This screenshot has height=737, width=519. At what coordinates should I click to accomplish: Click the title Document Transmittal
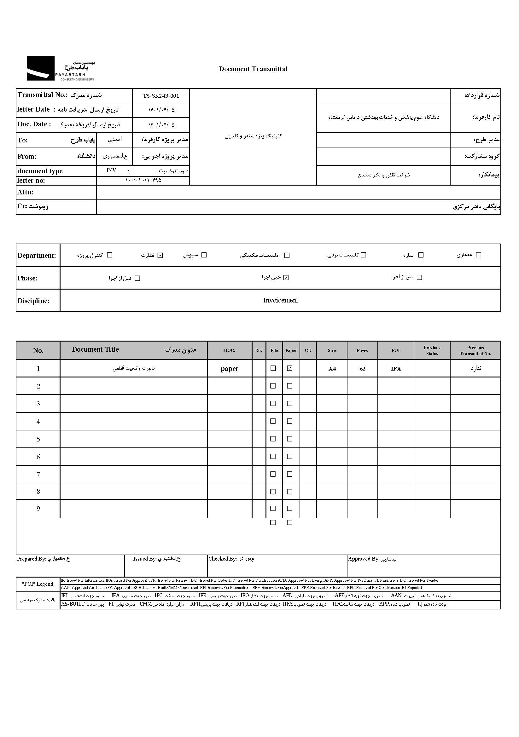253,69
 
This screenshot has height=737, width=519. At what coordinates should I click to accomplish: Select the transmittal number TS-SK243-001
161,96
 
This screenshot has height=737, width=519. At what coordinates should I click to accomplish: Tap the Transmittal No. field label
42,95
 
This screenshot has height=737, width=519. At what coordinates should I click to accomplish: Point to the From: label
27,157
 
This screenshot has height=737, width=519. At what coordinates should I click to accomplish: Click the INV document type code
111,170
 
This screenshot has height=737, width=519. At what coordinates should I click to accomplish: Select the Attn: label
25,192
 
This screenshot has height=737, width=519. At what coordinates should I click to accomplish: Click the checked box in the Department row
160,255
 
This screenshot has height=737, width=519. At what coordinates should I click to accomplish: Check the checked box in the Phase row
286,278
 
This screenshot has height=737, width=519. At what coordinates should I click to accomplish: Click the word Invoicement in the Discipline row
280,301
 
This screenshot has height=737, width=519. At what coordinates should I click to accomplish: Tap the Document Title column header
96,349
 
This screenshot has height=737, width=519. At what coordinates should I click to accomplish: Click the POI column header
396,350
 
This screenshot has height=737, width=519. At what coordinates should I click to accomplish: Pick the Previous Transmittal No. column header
475,350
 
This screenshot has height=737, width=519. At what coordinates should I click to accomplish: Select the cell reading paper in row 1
229,369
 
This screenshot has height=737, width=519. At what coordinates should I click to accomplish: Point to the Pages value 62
362,369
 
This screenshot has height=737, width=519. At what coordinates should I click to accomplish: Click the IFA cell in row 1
396,369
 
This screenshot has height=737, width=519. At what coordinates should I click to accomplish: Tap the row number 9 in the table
38,509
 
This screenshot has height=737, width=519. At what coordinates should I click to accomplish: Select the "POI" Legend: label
38,584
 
